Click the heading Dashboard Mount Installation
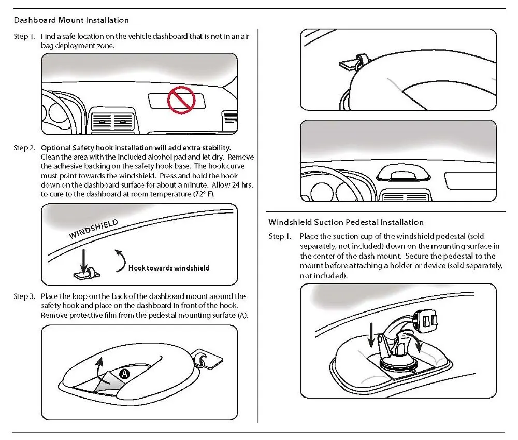click(71, 20)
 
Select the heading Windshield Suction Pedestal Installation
click(346, 222)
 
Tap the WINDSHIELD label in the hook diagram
click(94, 228)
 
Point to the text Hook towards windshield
click(169, 268)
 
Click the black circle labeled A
click(124, 373)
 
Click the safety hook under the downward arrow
click(87, 272)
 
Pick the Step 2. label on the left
click(24, 148)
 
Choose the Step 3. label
click(24, 296)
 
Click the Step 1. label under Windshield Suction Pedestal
click(279, 237)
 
